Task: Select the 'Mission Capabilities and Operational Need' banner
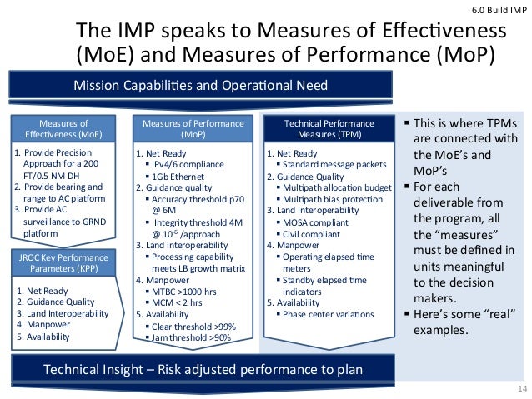[201, 85]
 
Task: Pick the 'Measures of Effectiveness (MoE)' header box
[64, 129]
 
